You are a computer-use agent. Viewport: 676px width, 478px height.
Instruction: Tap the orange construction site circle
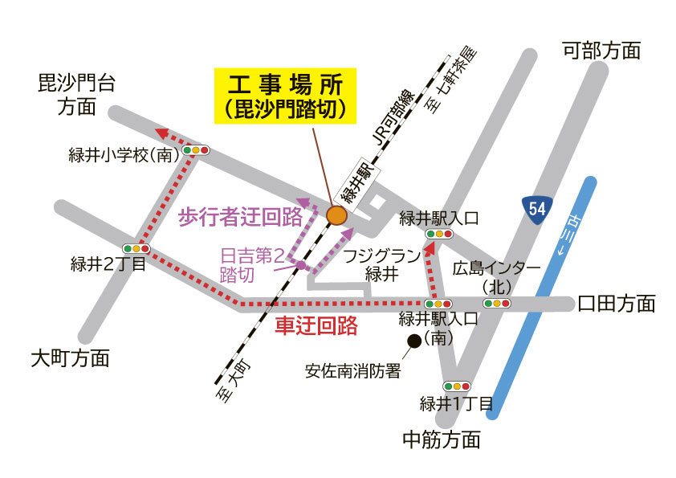pyautogui.click(x=336, y=215)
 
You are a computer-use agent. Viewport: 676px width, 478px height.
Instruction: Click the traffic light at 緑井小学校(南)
pyautogui.click(x=195, y=150)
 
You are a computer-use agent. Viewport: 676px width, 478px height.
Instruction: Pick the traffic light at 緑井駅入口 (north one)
pyautogui.click(x=438, y=234)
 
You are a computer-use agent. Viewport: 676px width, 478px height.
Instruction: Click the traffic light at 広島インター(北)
pyautogui.click(x=497, y=303)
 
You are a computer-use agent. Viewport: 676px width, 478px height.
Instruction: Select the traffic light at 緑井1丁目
pyautogui.click(x=456, y=386)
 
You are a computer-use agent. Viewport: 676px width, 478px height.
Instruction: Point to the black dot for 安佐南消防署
pyautogui.click(x=414, y=341)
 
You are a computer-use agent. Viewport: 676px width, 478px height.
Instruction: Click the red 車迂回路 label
pyautogui.click(x=316, y=326)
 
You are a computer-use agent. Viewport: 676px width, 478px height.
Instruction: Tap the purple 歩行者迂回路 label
pyautogui.click(x=239, y=215)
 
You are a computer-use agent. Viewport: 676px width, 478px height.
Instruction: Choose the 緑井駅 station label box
pyautogui.click(x=354, y=183)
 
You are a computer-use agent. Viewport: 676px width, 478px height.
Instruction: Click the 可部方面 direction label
pyautogui.click(x=601, y=51)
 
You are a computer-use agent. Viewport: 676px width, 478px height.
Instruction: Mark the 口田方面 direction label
pyautogui.click(x=617, y=303)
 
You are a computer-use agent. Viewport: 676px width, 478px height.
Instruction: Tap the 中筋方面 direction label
pyautogui.click(x=442, y=439)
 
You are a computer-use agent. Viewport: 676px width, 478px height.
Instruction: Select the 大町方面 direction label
pyautogui.click(x=70, y=358)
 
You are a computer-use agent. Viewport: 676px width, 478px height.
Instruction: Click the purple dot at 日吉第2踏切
pyautogui.click(x=300, y=264)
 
